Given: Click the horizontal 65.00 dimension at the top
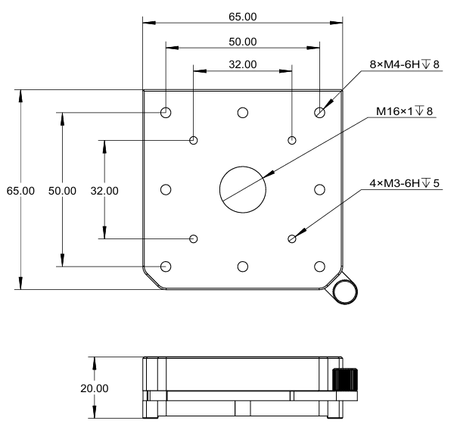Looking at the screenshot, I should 242,15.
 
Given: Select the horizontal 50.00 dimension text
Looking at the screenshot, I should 242,41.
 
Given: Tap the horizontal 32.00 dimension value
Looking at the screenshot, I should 242,66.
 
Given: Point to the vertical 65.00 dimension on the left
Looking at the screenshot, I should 21,191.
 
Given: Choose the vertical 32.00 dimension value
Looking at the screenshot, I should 104,191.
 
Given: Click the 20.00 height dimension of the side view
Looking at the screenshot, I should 95,388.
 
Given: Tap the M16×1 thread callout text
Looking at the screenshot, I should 404,112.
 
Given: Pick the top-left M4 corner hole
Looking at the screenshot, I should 166,113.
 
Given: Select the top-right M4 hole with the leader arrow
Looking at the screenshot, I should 319,113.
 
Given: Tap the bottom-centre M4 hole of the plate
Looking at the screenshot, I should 243,266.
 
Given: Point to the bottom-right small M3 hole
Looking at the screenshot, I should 292,239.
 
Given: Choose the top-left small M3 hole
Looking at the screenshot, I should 194,140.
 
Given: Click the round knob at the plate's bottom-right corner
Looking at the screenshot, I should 344,291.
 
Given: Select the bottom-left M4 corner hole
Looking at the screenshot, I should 166,266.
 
